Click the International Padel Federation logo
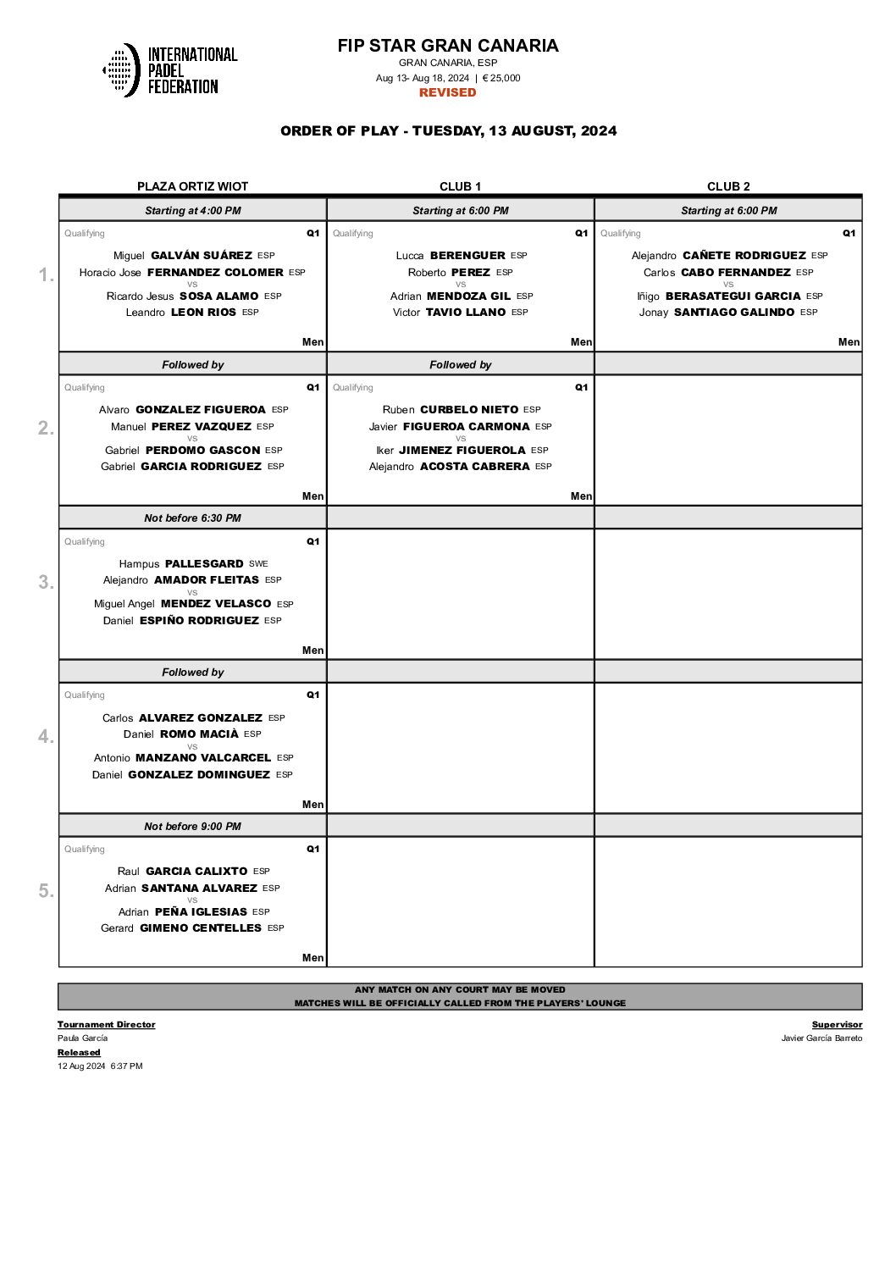point(169,70)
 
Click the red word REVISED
point(447,92)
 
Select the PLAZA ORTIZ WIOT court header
point(192,186)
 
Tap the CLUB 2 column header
point(728,186)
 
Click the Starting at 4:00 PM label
point(192,210)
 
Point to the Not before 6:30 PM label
point(192,518)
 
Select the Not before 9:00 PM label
point(192,826)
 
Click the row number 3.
point(46,582)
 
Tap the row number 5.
point(46,890)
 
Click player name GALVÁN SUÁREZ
point(202,255)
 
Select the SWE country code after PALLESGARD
point(258,563)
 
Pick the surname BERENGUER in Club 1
point(467,255)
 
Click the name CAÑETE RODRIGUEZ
point(744,255)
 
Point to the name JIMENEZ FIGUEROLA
point(462,450)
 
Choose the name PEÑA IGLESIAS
point(201,911)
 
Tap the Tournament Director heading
point(107,1024)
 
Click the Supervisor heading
point(837,1024)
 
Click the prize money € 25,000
point(501,78)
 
